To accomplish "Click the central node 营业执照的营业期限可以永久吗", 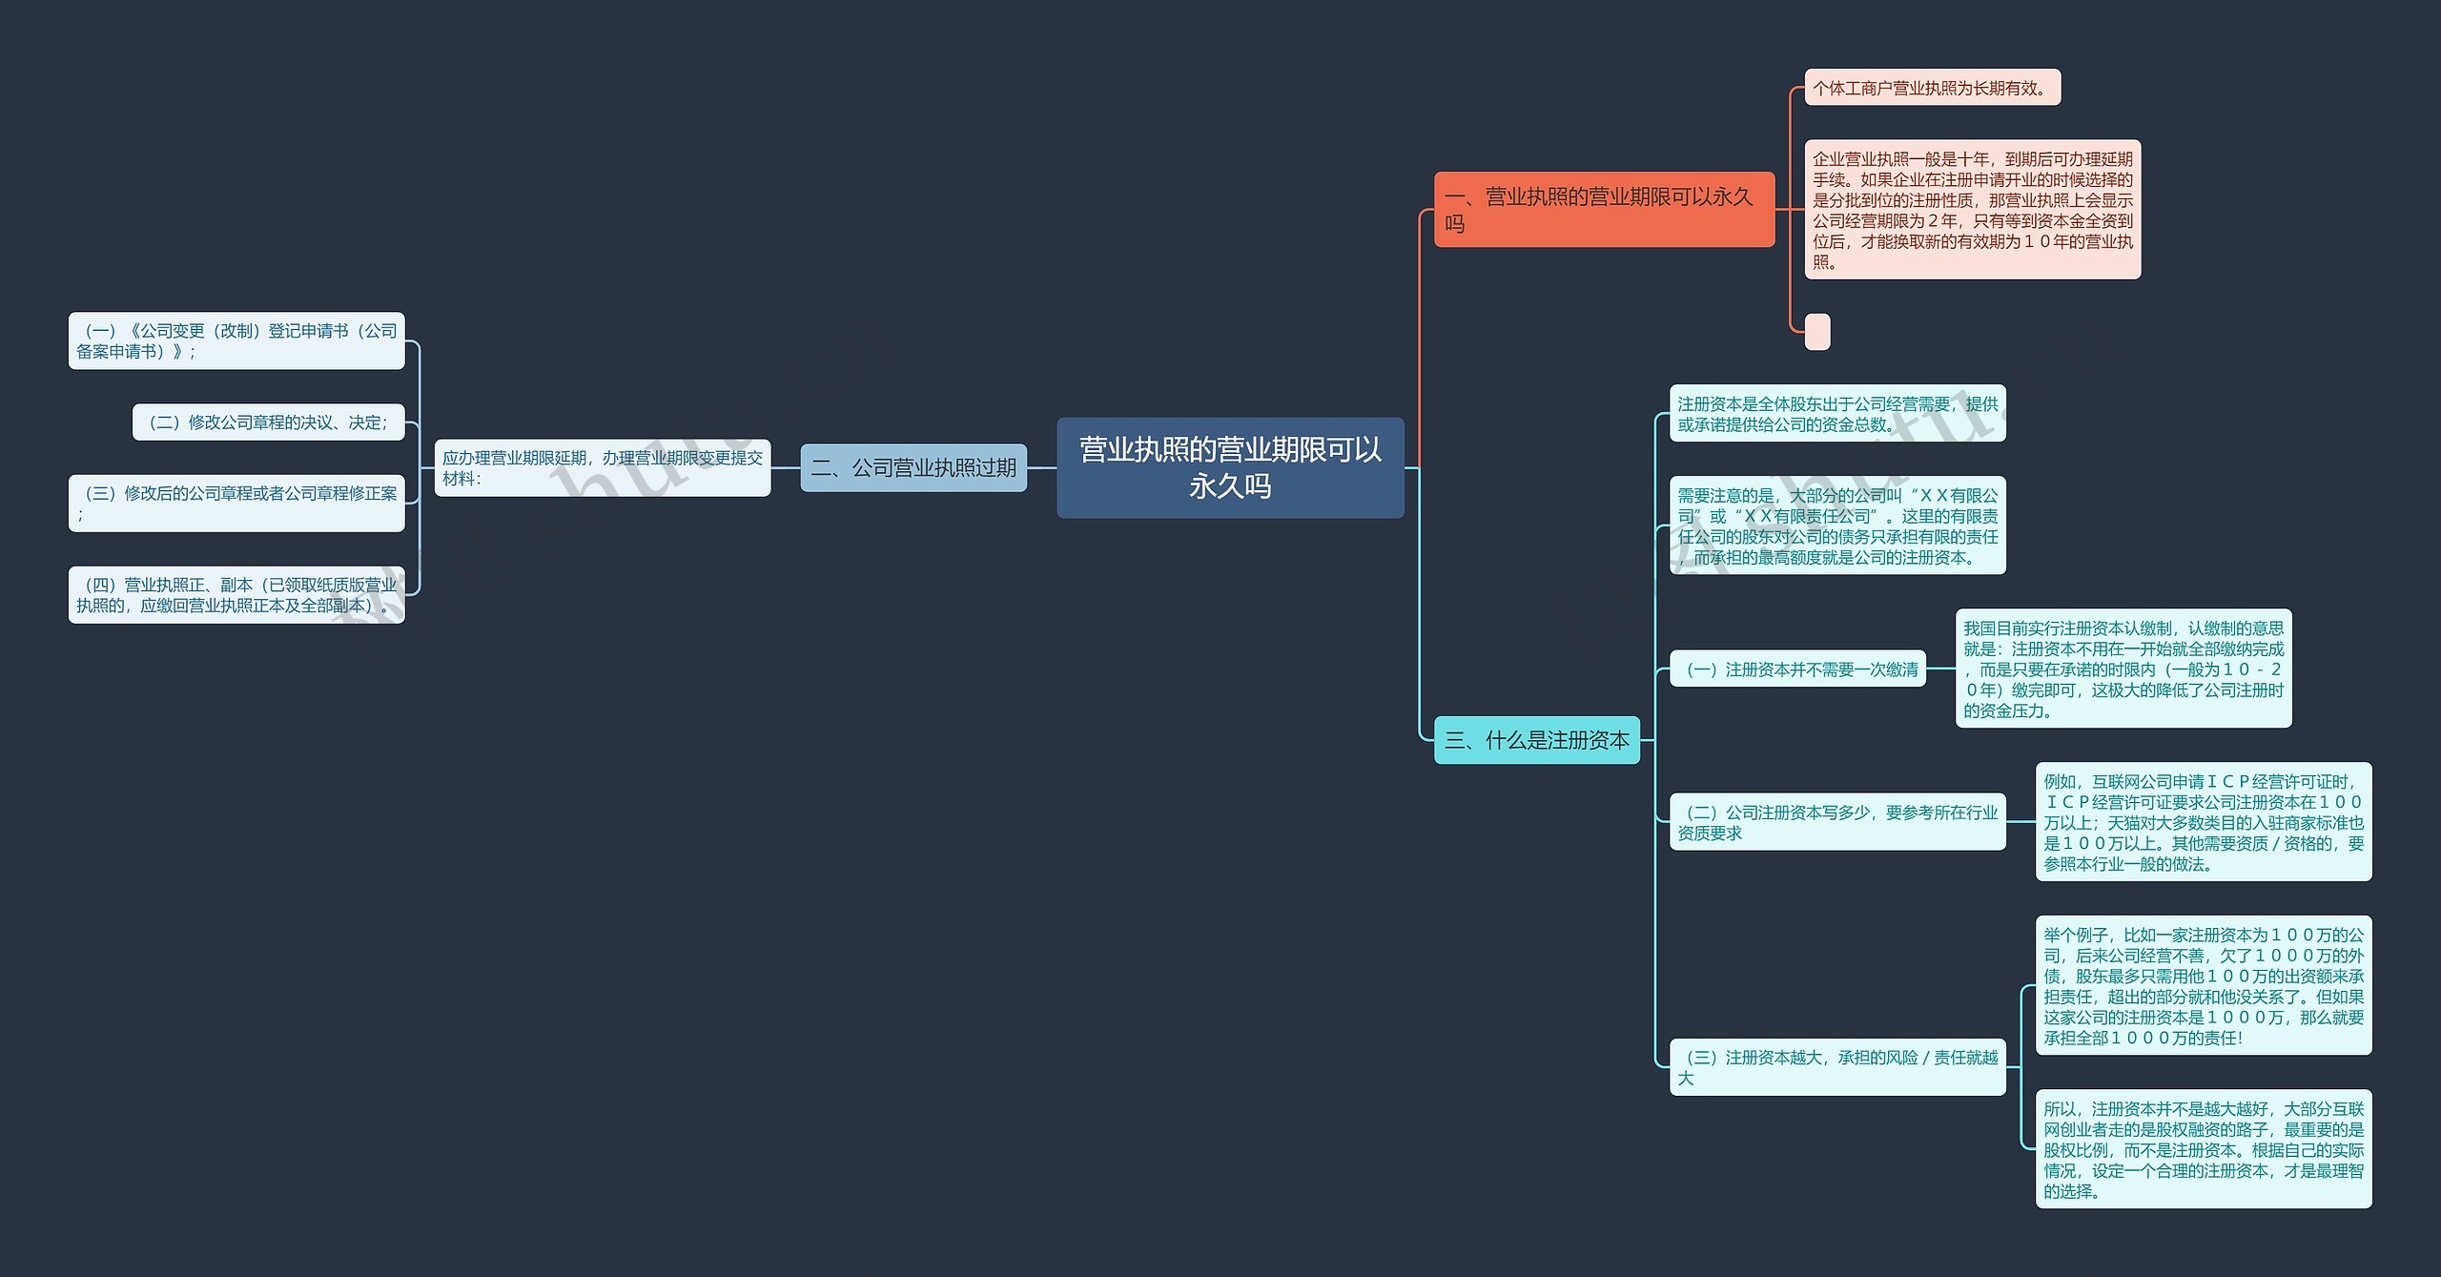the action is [x=1230, y=467].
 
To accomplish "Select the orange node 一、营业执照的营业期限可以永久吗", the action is [x=1604, y=209].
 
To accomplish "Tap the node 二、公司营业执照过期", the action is [x=913, y=467].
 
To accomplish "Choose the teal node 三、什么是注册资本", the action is [x=1537, y=740].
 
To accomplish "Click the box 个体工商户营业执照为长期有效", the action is [x=1932, y=88].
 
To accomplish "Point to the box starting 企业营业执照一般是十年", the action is [x=1972, y=210].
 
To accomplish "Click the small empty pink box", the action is [x=1817, y=332].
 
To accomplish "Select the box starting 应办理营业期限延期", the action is [x=603, y=467].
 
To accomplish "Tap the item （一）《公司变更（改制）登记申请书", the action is [x=236, y=340].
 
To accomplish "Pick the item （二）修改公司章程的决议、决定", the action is [x=269, y=422].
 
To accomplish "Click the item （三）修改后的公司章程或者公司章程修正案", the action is [x=236, y=503].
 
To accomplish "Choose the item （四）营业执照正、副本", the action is [x=236, y=594].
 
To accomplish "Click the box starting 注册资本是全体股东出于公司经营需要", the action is [x=1837, y=413].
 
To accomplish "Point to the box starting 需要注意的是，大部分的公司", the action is [x=1837, y=525].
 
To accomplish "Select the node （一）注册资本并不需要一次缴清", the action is [x=1797, y=669].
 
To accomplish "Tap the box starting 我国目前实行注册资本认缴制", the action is [x=2123, y=669].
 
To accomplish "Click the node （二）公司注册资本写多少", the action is [x=1837, y=821].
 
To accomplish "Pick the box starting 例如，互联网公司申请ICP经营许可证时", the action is [x=2204, y=821].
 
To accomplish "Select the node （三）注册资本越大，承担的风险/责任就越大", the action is [x=1837, y=1067].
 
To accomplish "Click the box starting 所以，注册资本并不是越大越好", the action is [x=2204, y=1149].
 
